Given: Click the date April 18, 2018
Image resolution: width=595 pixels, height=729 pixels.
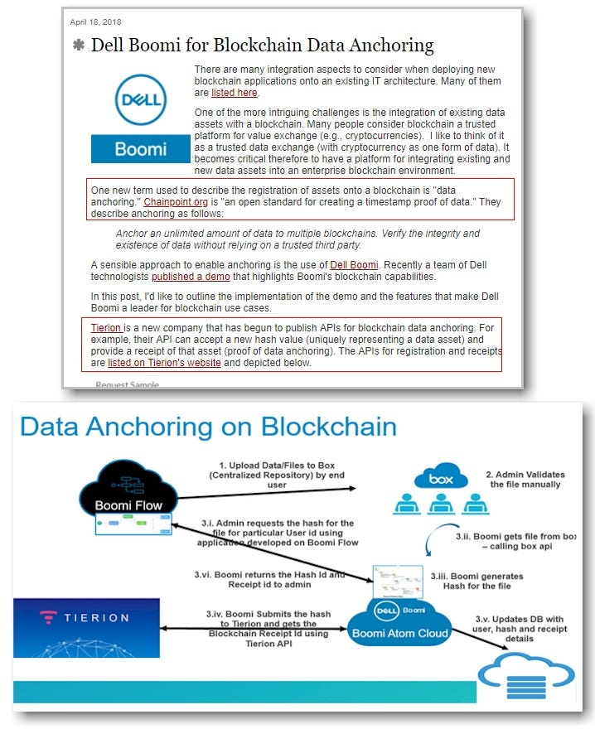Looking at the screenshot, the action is pyautogui.click(x=95, y=22).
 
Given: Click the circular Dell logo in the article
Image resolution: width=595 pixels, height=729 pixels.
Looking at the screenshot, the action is pyautogui.click(x=141, y=100).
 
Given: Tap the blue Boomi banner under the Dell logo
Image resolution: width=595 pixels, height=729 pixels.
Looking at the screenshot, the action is pyautogui.click(x=141, y=149).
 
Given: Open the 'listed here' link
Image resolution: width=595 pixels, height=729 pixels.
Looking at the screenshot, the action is pyautogui.click(x=234, y=93).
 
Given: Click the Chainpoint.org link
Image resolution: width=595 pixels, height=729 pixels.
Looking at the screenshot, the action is pyautogui.click(x=176, y=202).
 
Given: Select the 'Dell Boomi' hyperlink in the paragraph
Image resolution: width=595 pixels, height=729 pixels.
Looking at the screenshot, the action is pyautogui.click(x=354, y=264).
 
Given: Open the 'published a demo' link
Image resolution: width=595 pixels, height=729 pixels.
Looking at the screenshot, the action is pyautogui.click(x=191, y=276).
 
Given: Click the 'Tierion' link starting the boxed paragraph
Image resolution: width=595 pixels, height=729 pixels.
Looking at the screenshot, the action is pyautogui.click(x=105, y=328).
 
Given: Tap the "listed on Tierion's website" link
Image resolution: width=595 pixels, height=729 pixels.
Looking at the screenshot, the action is pyautogui.click(x=164, y=363).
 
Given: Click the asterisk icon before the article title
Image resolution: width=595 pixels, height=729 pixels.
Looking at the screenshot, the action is pyautogui.click(x=79, y=45).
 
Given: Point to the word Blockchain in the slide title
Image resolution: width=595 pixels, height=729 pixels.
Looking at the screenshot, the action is pyautogui.click(x=328, y=427).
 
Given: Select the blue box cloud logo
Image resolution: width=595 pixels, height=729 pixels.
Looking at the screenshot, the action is pyautogui.click(x=441, y=476).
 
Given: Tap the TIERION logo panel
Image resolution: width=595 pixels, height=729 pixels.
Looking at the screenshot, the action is pyautogui.click(x=86, y=628).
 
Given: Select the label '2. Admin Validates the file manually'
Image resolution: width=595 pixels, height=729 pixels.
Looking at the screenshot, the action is pyautogui.click(x=525, y=480).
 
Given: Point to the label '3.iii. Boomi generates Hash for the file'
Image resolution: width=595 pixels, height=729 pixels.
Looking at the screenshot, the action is pyautogui.click(x=476, y=582).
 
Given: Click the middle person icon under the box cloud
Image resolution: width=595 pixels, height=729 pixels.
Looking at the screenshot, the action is pyautogui.click(x=441, y=504).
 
